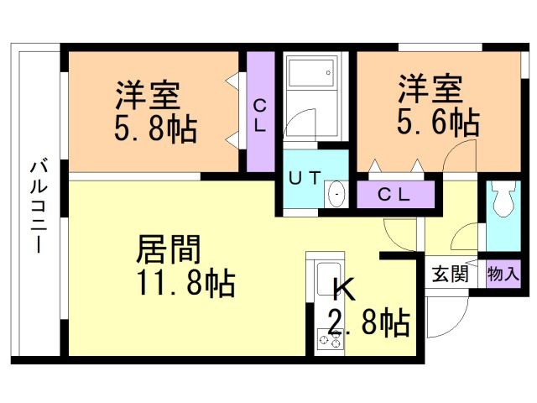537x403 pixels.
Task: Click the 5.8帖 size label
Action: pos(155,130)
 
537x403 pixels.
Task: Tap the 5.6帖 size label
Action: pos(437,123)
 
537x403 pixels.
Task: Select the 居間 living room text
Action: pos(169,250)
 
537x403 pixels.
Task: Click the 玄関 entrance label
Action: pos(450,274)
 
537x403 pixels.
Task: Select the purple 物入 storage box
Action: pos(503,274)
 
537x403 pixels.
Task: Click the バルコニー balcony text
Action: pos(39,201)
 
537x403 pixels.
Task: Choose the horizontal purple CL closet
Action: pos(394,194)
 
